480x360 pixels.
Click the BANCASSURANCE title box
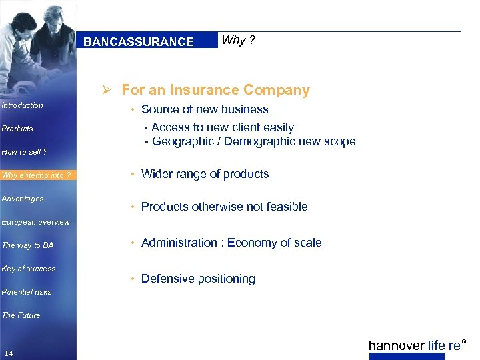[x=139, y=41]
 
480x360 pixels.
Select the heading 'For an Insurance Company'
[x=215, y=90]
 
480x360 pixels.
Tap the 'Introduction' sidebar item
[x=23, y=105]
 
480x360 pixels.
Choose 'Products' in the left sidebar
[x=17, y=129]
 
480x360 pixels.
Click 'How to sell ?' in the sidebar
[x=25, y=152]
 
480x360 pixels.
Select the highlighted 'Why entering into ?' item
[x=36, y=175]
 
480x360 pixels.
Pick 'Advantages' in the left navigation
[x=23, y=199]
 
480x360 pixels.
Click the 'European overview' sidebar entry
[x=35, y=222]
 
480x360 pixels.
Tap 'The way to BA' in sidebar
[x=27, y=245]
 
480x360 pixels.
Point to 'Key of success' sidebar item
[x=29, y=269]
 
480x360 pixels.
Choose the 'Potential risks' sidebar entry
[x=27, y=292]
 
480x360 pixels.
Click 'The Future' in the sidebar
[x=21, y=315]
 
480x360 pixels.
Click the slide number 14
[x=9, y=353]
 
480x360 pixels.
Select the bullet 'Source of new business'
[x=205, y=109]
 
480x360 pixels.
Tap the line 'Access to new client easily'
[x=223, y=127]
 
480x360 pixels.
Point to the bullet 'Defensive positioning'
[x=198, y=279]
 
